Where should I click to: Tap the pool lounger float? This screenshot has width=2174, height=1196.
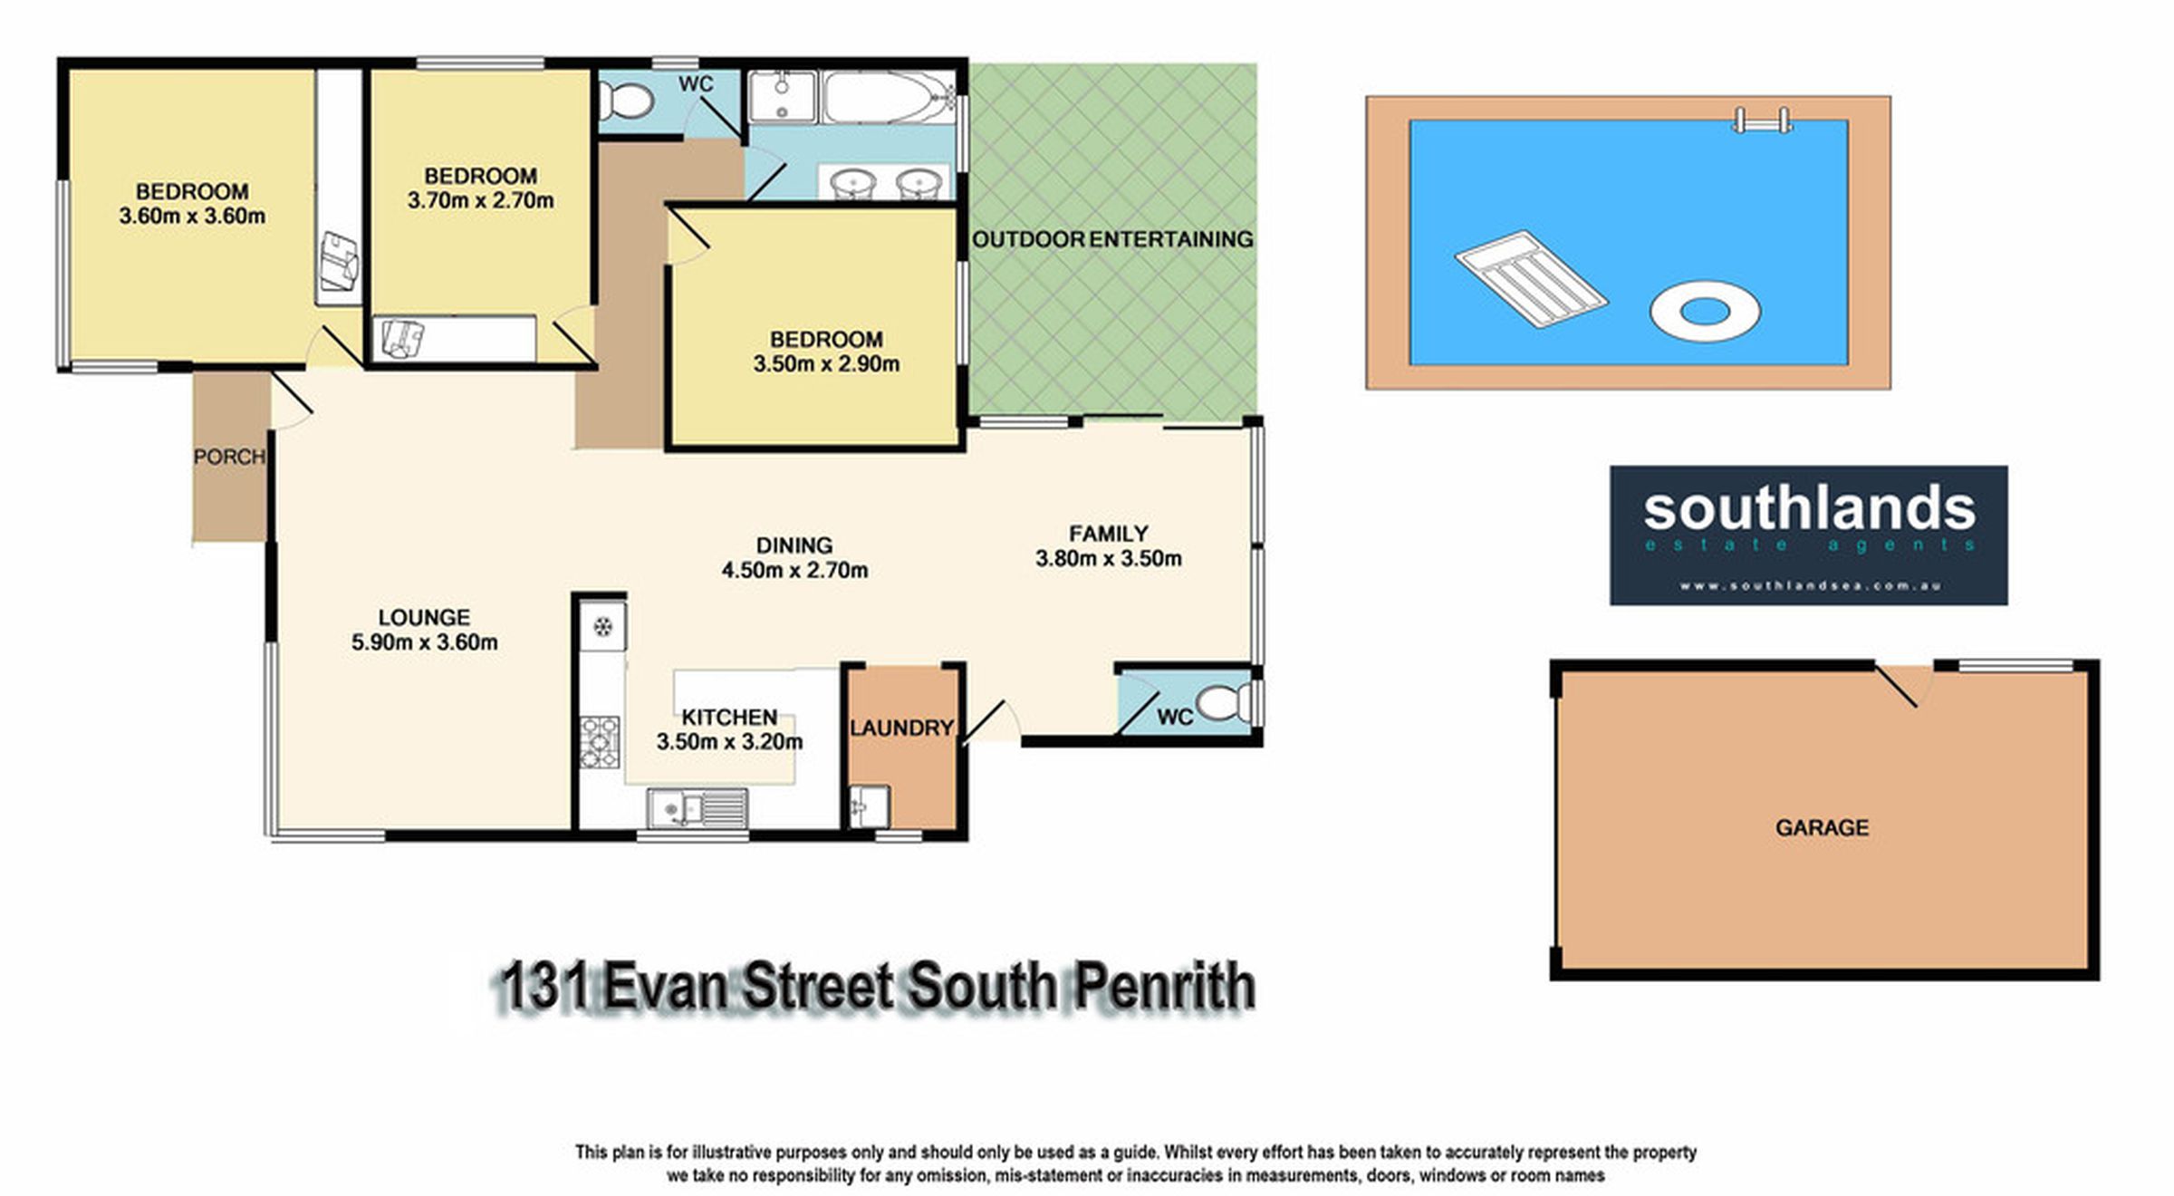click(x=1531, y=278)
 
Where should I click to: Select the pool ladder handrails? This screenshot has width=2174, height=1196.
click(x=1761, y=121)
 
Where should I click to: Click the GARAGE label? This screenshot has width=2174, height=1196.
click(x=1822, y=827)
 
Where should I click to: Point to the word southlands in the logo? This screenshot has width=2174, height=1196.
click(x=1809, y=508)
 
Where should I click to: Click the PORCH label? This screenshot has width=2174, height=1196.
click(x=229, y=457)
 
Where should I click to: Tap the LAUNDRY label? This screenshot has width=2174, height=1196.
click(x=901, y=728)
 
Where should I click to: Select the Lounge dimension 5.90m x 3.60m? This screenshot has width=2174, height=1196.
click(x=425, y=642)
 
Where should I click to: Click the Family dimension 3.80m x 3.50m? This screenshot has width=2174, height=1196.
click(x=1109, y=558)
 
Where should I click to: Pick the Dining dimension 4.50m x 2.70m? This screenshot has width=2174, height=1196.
click(x=794, y=570)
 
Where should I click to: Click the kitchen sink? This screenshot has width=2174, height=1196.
click(x=697, y=807)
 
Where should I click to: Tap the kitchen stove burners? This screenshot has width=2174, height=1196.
click(x=600, y=742)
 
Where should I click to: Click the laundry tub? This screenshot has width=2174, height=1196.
click(x=869, y=806)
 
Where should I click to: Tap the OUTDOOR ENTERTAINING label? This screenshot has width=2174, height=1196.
click(x=1112, y=239)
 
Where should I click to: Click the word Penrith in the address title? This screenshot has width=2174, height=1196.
click(x=1163, y=987)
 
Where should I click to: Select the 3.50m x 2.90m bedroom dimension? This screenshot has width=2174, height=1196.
click(x=826, y=364)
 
